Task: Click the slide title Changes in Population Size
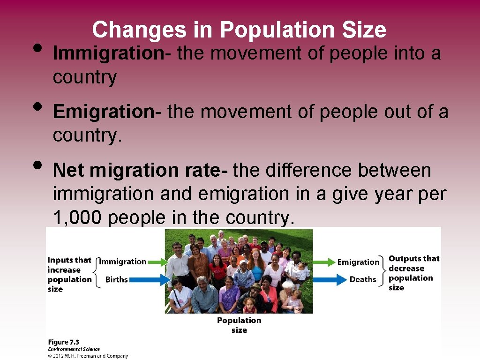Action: [239, 30]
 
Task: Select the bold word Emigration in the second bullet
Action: [103, 112]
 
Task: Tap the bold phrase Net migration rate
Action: [140, 170]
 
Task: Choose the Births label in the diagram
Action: [116, 280]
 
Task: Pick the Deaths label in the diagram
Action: [363, 279]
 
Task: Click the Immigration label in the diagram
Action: [123, 262]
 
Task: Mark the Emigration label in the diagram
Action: [358, 262]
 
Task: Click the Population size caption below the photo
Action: [239, 325]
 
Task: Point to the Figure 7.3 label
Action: [63, 342]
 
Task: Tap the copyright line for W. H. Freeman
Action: [88, 356]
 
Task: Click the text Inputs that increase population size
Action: [69, 275]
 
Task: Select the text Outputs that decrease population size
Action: [414, 273]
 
